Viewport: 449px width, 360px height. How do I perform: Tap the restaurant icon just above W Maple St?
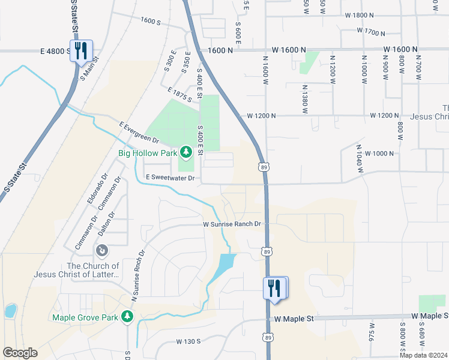pyautogui.click(x=274, y=287)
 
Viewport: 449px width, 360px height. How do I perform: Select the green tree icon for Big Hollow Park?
pyautogui.click(x=186, y=152)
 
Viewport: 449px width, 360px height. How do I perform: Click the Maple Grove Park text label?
pyautogui.click(x=85, y=317)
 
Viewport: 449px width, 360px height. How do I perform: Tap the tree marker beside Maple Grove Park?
pyautogui.click(x=127, y=316)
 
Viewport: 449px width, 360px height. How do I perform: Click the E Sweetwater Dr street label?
pyautogui.click(x=170, y=178)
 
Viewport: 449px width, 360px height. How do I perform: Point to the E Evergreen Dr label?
pyautogui.click(x=139, y=133)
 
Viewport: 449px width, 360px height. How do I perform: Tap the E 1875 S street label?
pyautogui.click(x=180, y=94)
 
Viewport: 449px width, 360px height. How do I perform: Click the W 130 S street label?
pyautogui.click(x=188, y=341)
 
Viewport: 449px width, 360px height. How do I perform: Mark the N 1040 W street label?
pyautogui.click(x=360, y=158)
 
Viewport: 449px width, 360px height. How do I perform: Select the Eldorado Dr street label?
pyautogui.click(x=92, y=190)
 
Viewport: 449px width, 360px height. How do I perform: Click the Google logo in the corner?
pyautogui.click(x=20, y=353)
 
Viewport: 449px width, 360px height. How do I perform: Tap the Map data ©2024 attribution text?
pyautogui.click(x=423, y=355)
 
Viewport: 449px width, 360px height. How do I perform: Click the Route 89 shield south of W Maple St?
pyautogui.click(x=267, y=338)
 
